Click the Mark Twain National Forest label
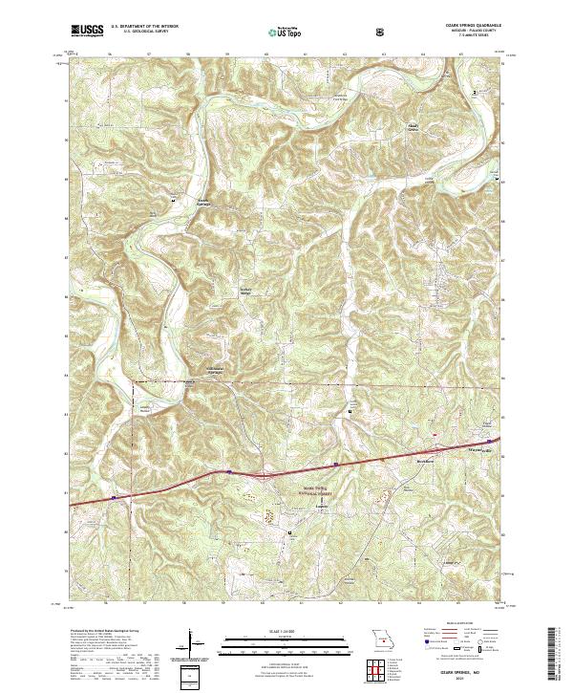tap(300, 490)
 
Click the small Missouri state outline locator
tap(385, 639)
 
